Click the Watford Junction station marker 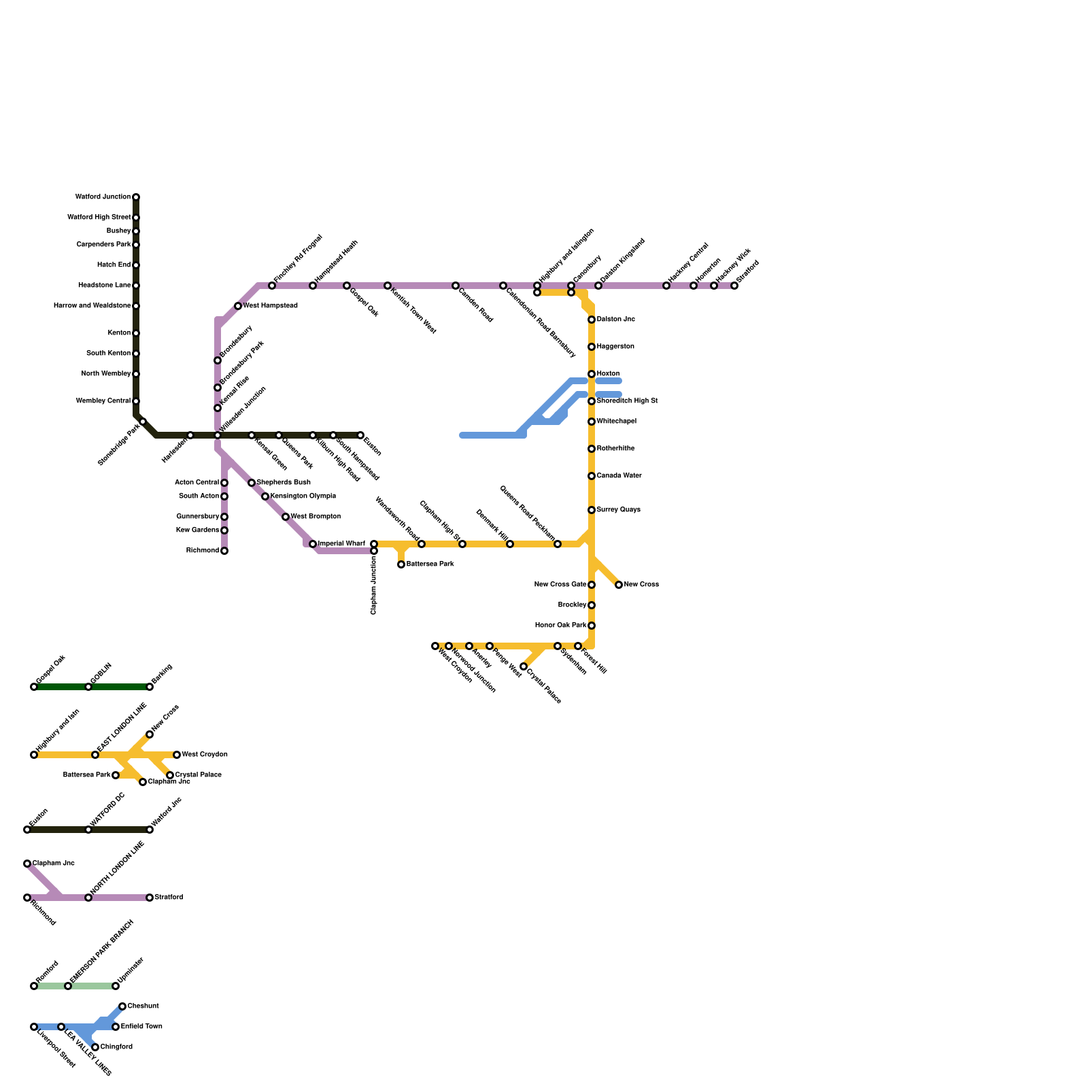[136, 197]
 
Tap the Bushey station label [118, 231]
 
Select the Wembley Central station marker [136, 401]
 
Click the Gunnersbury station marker [224, 517]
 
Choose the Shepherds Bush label [284, 483]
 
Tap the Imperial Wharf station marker [313, 544]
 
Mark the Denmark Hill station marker [510, 544]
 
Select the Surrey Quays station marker [592, 510]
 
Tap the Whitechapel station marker [592, 422]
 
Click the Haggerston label [615, 347]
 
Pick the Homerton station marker [694, 286]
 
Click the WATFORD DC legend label [107, 810]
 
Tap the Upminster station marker [116, 986]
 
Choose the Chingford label [116, 1047]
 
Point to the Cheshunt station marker [122, 1006]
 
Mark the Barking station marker [150, 687]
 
